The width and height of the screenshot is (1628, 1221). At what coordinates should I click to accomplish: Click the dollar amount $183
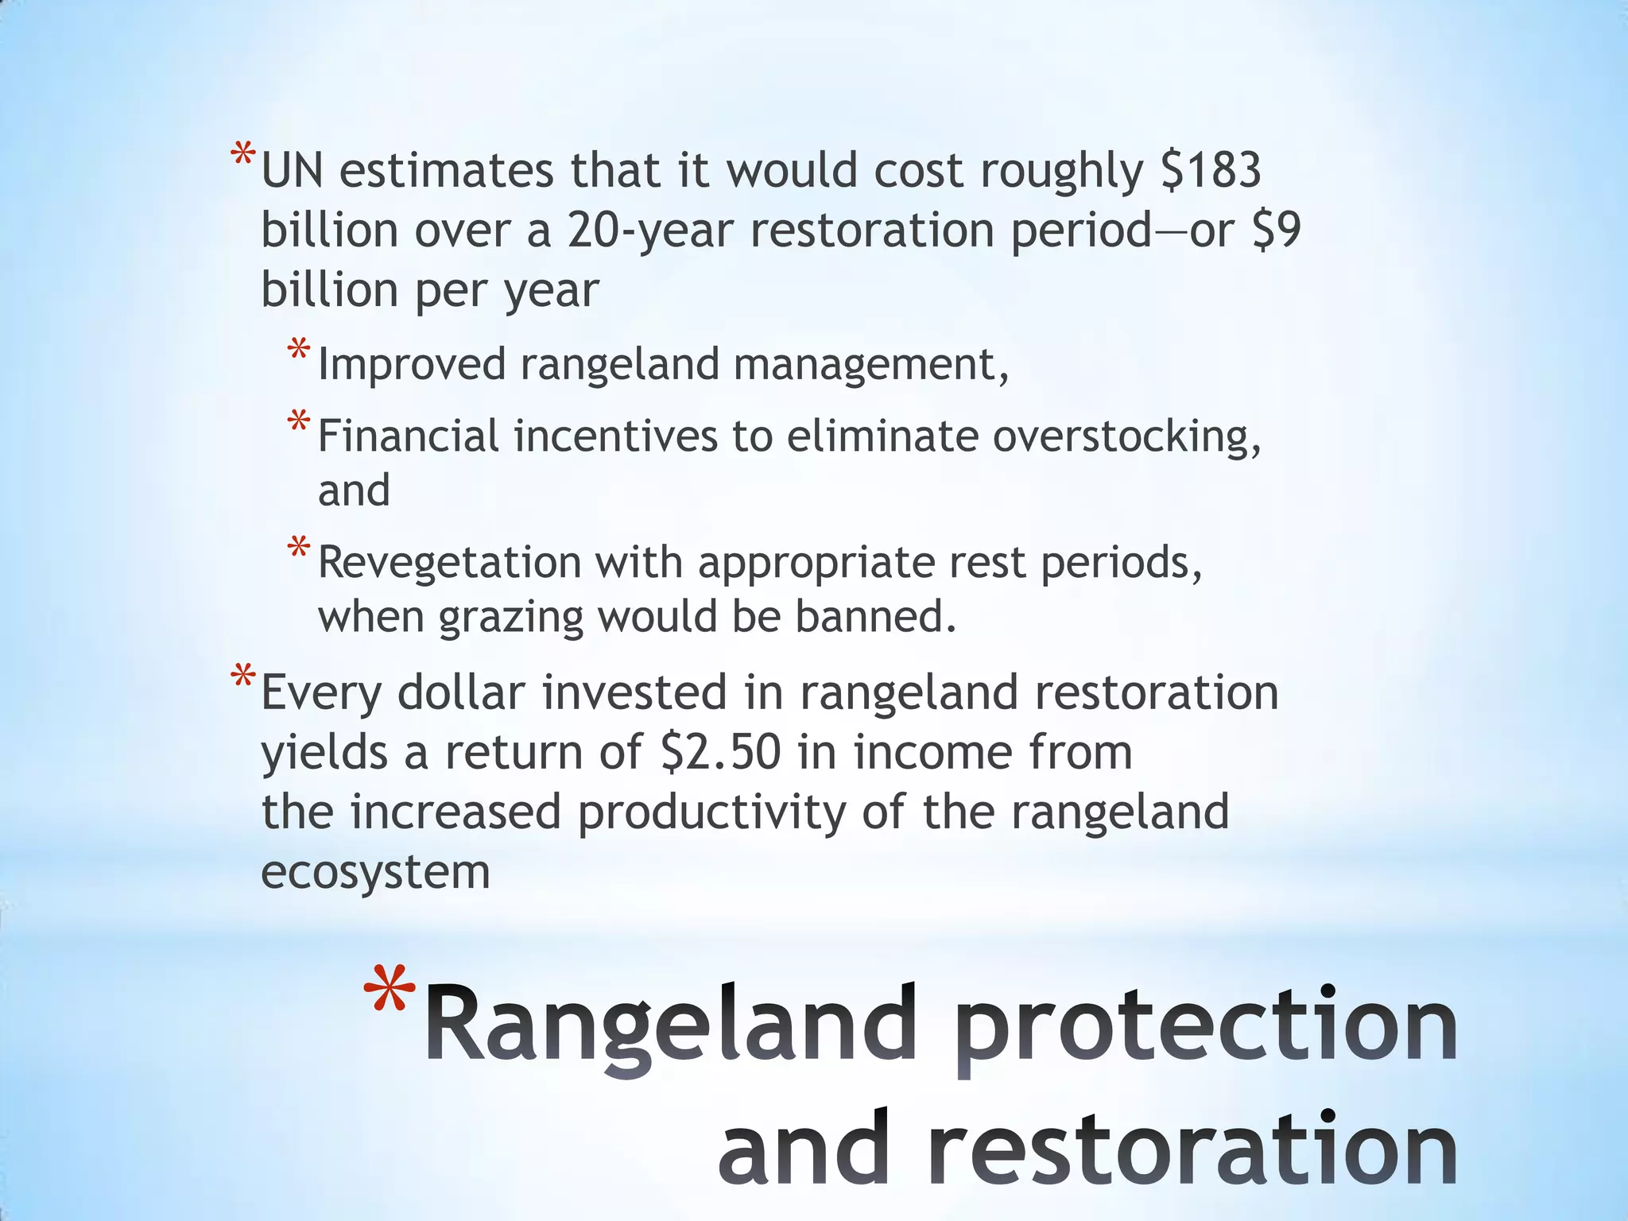click(x=1211, y=171)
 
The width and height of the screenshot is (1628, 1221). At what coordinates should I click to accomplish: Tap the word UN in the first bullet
click(x=292, y=171)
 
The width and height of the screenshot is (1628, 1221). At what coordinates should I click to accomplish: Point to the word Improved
click(x=412, y=364)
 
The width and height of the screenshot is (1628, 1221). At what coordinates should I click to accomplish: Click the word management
click(x=870, y=366)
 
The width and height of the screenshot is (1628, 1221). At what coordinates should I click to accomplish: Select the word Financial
click(x=408, y=436)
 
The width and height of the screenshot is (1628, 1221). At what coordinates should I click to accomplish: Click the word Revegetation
click(x=450, y=564)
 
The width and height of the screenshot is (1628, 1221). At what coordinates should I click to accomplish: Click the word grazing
click(x=511, y=618)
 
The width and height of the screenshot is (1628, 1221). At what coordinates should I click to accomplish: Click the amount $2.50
click(x=721, y=752)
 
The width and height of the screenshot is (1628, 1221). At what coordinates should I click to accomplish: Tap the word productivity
click(x=711, y=813)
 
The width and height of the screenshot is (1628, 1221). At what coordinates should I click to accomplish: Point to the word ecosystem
click(x=375, y=873)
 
